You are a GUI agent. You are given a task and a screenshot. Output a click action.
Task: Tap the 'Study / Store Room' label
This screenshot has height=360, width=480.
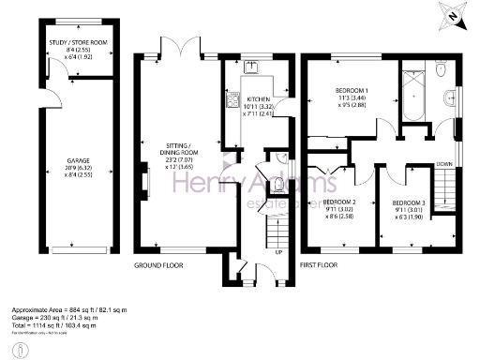tap(79, 43)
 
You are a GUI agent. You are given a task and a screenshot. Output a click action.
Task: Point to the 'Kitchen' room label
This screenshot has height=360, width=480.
tap(259, 98)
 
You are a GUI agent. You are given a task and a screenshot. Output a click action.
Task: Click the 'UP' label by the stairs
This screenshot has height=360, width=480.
tap(277, 252)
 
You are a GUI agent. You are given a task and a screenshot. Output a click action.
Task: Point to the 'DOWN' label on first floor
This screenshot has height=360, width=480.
tap(444, 163)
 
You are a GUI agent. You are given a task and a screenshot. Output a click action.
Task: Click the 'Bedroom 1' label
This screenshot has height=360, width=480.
tap(352, 91)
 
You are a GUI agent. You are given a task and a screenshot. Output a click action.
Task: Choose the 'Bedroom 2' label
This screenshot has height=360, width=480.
tap(339, 202)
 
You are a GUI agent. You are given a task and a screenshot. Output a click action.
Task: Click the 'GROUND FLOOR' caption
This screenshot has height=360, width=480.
tap(157, 265)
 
